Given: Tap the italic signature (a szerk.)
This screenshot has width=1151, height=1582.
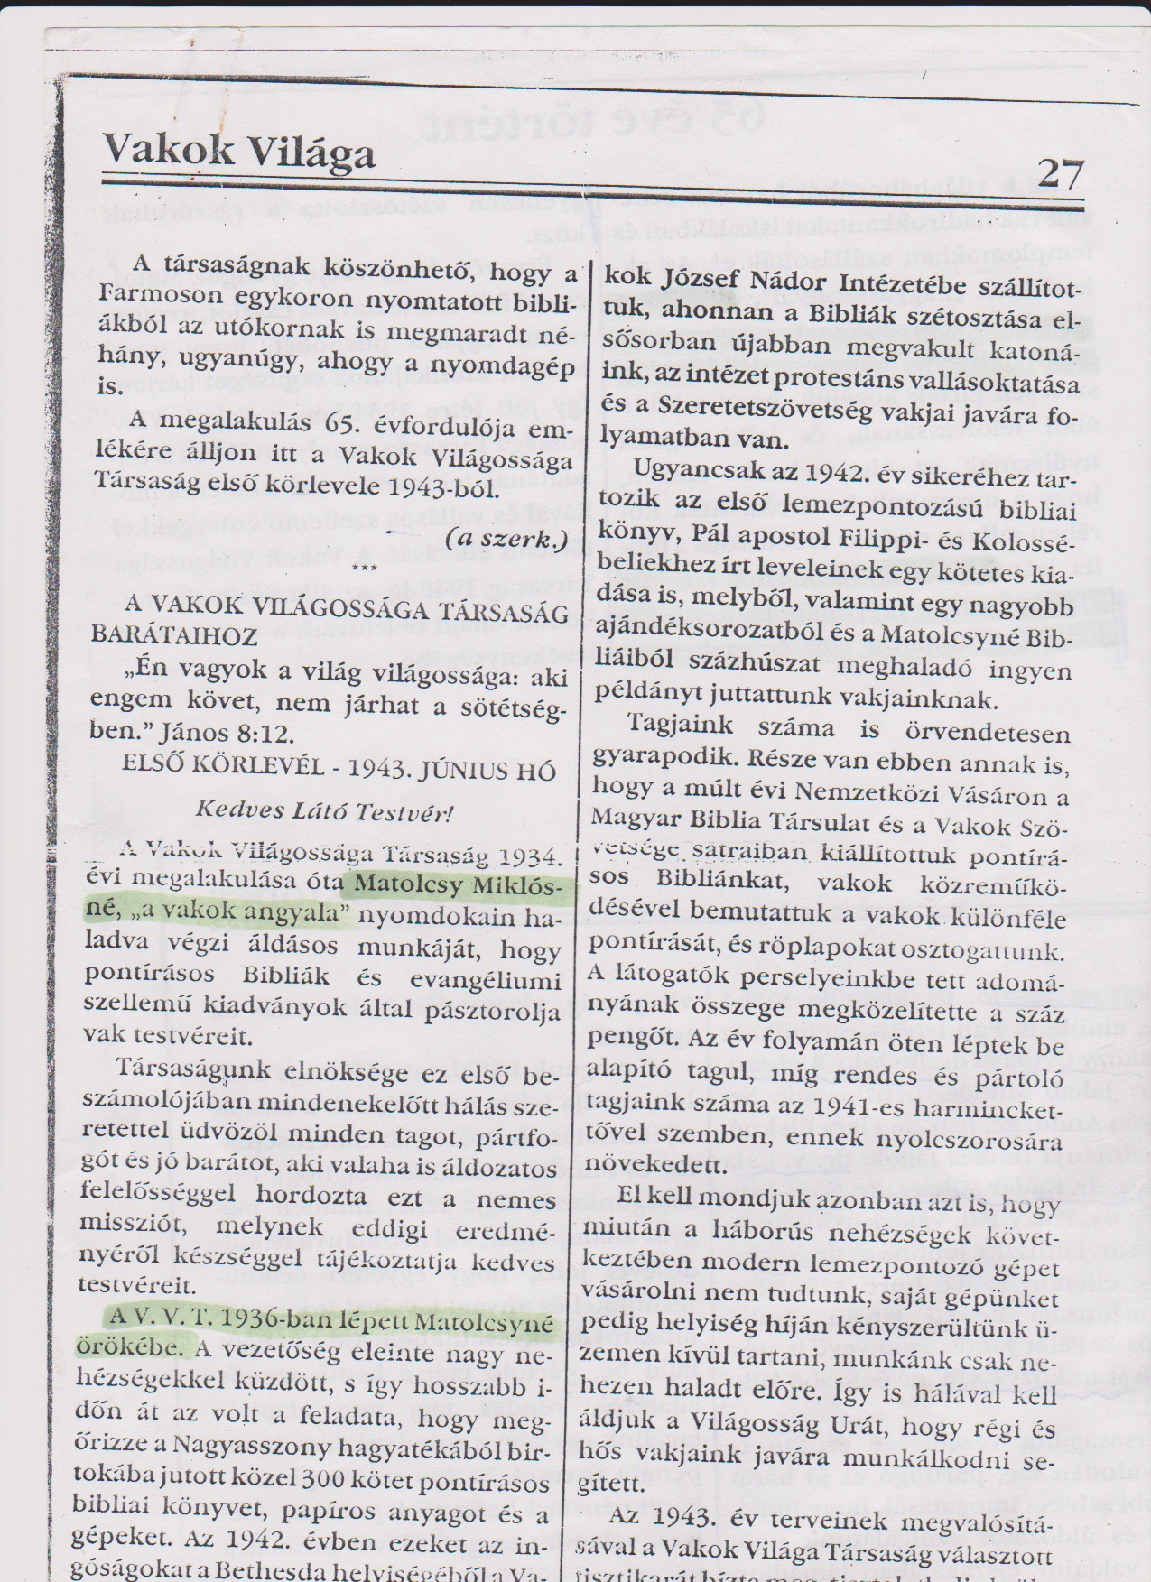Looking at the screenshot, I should (x=509, y=540).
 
